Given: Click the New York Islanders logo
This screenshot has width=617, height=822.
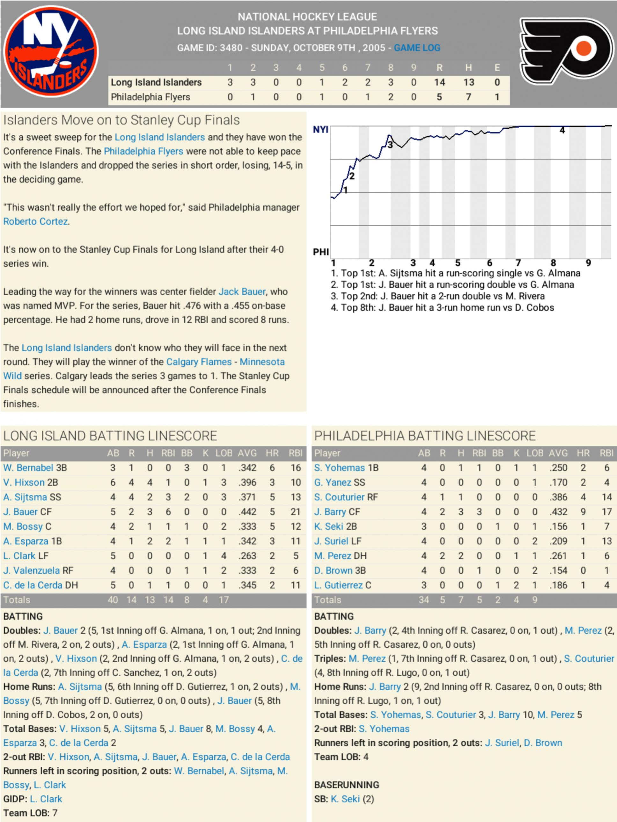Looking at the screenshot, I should coord(51,52).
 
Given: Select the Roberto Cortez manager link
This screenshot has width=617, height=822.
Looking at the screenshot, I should coord(36,222).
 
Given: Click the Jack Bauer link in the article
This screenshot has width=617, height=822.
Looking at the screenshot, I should coord(242,292).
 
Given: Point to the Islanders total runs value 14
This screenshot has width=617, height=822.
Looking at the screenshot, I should coord(439,82).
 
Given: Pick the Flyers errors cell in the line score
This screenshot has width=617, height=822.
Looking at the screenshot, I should coord(497,97).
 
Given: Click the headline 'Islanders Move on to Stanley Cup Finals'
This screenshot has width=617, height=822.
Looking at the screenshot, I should coord(121,120).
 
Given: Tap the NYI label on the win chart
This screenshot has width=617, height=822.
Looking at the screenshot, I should coord(320,130).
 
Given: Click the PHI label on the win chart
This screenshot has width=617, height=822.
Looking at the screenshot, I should coord(321,252).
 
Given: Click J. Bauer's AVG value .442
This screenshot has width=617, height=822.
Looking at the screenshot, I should coord(247,512).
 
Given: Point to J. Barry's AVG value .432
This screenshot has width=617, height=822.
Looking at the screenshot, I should coord(558,512).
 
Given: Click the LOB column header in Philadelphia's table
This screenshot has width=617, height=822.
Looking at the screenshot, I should coord(535,453).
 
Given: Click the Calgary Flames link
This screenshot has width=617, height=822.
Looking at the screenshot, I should coord(199,362).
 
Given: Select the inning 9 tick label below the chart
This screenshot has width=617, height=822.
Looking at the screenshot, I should coord(588,263).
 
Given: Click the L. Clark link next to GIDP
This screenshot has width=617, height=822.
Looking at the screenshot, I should coord(46,799).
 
